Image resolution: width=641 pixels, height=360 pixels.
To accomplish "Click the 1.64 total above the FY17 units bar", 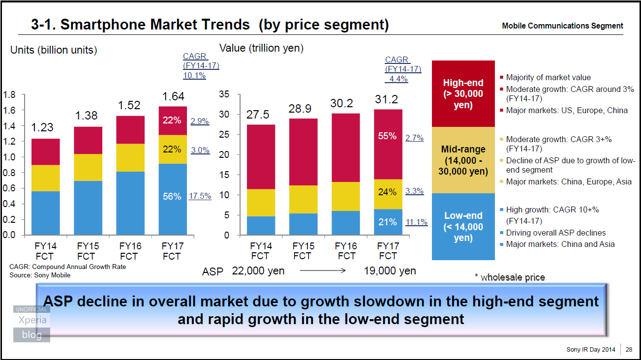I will click(173, 96).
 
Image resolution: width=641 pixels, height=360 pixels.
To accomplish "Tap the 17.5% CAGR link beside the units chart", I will click(200, 196).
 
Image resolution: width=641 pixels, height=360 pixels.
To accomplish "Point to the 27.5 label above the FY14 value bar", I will click(258, 115).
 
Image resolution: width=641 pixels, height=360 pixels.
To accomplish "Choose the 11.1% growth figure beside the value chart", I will click(416, 222).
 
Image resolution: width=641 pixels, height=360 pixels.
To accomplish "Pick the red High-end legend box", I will click(463, 93).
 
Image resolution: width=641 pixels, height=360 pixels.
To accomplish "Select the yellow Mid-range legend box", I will click(463, 160).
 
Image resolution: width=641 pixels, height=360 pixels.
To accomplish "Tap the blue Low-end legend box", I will click(463, 226).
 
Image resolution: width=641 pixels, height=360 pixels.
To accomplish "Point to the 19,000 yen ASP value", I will click(390, 270).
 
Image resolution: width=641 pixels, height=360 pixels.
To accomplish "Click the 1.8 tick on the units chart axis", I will click(9, 94).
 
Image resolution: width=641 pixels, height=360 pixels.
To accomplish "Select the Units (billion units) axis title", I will click(54, 50).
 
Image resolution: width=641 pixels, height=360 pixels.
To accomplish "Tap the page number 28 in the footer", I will click(629, 350).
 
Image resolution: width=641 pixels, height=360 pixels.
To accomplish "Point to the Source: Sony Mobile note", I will click(40, 275).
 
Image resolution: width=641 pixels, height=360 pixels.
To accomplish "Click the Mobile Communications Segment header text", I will click(562, 26).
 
